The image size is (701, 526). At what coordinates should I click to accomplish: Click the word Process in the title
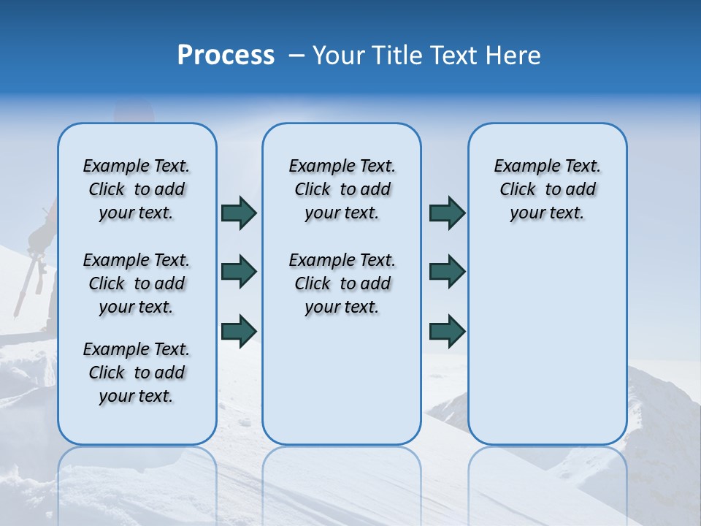[x=226, y=56]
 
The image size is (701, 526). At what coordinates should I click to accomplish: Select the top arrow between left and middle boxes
[x=239, y=213]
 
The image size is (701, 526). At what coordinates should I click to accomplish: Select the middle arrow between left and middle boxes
[x=239, y=272]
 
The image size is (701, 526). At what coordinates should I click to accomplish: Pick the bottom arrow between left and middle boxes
[x=239, y=330]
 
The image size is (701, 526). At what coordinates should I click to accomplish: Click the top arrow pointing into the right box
[x=447, y=213]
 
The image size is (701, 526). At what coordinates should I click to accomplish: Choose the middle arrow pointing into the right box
[x=447, y=272]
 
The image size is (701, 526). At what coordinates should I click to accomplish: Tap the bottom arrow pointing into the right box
[x=447, y=330]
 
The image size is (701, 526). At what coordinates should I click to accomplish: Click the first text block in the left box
[x=137, y=189]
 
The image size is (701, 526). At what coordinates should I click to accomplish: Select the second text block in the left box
[x=137, y=283]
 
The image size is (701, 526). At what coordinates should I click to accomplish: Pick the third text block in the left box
[x=137, y=373]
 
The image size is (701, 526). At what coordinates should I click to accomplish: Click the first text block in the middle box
[x=342, y=189]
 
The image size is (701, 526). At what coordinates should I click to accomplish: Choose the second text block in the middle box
[x=342, y=283]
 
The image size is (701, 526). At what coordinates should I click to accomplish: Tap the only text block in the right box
[x=547, y=189]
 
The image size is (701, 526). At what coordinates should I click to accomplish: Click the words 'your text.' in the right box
[x=547, y=213]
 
